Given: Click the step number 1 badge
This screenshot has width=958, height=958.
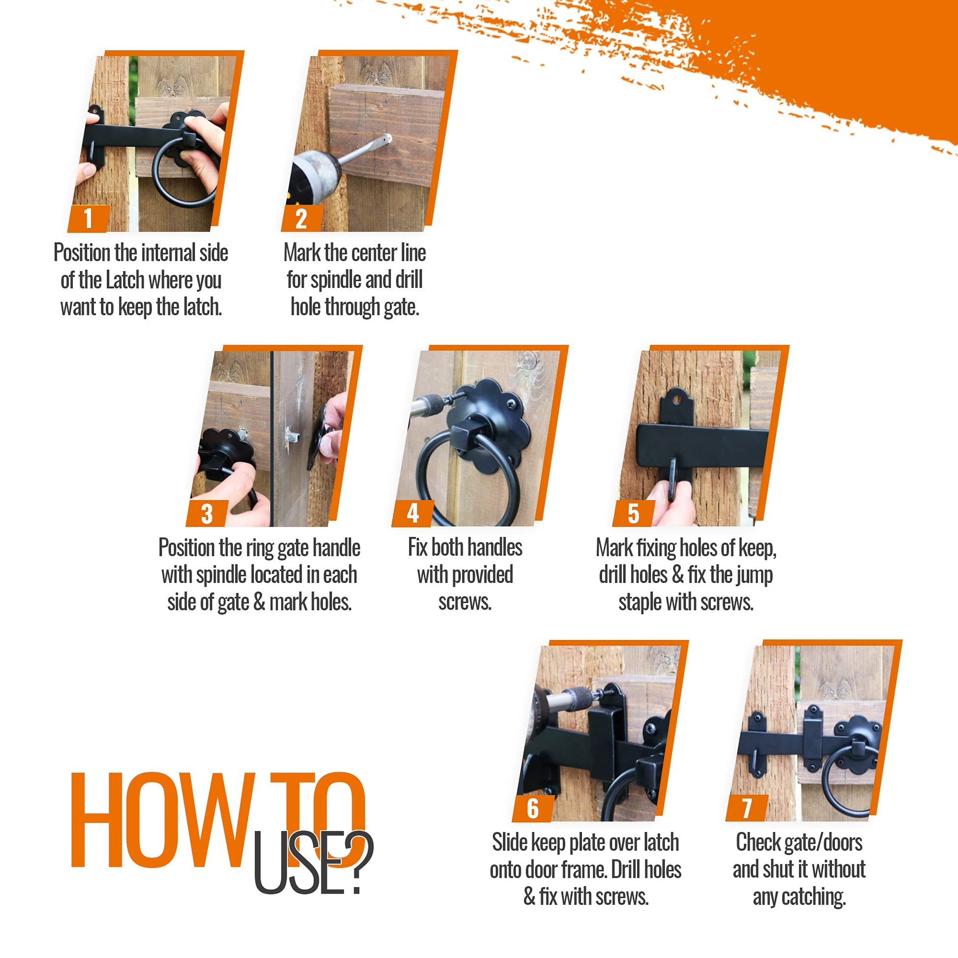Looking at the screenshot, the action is [x=89, y=218].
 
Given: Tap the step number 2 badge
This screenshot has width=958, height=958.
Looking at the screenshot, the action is [x=301, y=218].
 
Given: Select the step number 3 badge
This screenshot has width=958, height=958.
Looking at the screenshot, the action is [x=207, y=513].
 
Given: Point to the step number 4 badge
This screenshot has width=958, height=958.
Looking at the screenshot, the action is [x=413, y=513].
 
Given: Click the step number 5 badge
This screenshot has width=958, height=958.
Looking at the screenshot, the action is [x=634, y=513].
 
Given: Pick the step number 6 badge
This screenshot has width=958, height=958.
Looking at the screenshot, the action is [x=533, y=808].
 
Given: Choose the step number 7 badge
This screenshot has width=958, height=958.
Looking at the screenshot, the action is [x=747, y=808].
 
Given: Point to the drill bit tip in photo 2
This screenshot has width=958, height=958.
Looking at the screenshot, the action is [x=388, y=138].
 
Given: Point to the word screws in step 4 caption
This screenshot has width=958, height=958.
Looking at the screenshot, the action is [x=465, y=602].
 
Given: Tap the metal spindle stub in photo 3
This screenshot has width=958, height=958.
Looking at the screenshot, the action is [x=292, y=436].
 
